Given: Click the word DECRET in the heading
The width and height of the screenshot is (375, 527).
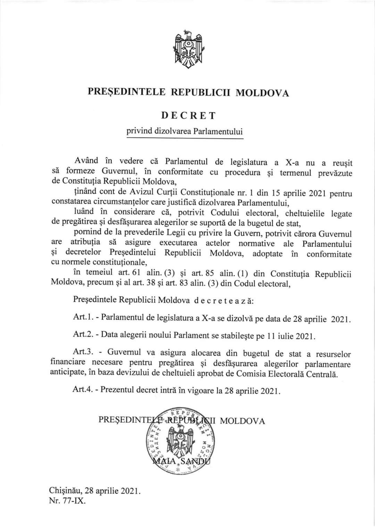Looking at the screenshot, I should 188,116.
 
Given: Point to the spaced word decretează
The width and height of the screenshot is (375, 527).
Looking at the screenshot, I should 224,300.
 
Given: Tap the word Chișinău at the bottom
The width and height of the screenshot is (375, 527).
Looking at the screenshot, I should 65,491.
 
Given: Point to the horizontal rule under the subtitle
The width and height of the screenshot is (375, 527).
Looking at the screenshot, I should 184,139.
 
